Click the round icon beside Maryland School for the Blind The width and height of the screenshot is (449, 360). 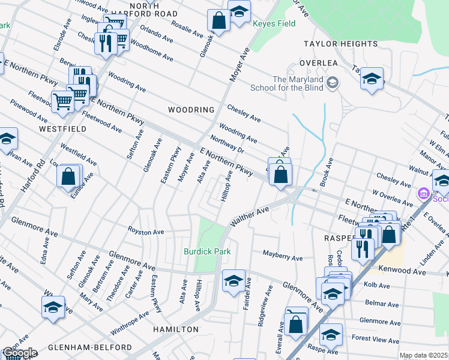point(333,83)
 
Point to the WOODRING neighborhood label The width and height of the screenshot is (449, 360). point(191,110)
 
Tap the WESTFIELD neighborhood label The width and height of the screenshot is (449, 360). point(59,129)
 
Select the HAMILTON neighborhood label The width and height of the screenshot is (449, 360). point(175,329)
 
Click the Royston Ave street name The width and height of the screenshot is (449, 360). point(145,232)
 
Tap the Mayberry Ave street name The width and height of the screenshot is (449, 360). point(283,257)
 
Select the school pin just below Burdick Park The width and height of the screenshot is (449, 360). point(234,280)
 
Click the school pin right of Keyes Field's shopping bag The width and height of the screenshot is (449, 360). point(239,12)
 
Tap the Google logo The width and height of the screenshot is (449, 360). point(19,353)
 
